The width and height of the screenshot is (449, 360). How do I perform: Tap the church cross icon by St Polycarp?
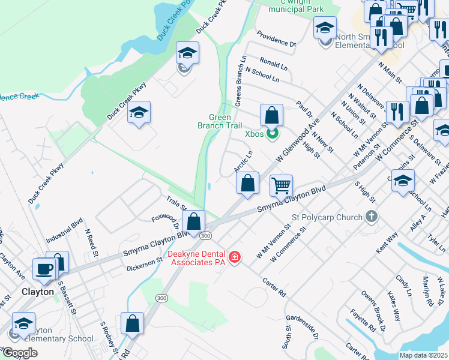coord(372,216)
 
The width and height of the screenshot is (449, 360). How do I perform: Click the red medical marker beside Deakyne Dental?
coord(235,257)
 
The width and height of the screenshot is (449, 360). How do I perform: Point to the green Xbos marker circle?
coord(272,133)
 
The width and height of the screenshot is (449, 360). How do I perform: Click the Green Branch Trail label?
coord(220,122)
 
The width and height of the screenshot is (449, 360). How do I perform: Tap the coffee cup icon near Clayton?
coord(44,268)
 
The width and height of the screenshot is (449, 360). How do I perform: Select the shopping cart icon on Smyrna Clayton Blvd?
coord(281,185)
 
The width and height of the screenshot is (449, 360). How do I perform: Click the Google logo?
coord(20,352)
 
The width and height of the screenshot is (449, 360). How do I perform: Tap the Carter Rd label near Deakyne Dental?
coord(273,287)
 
